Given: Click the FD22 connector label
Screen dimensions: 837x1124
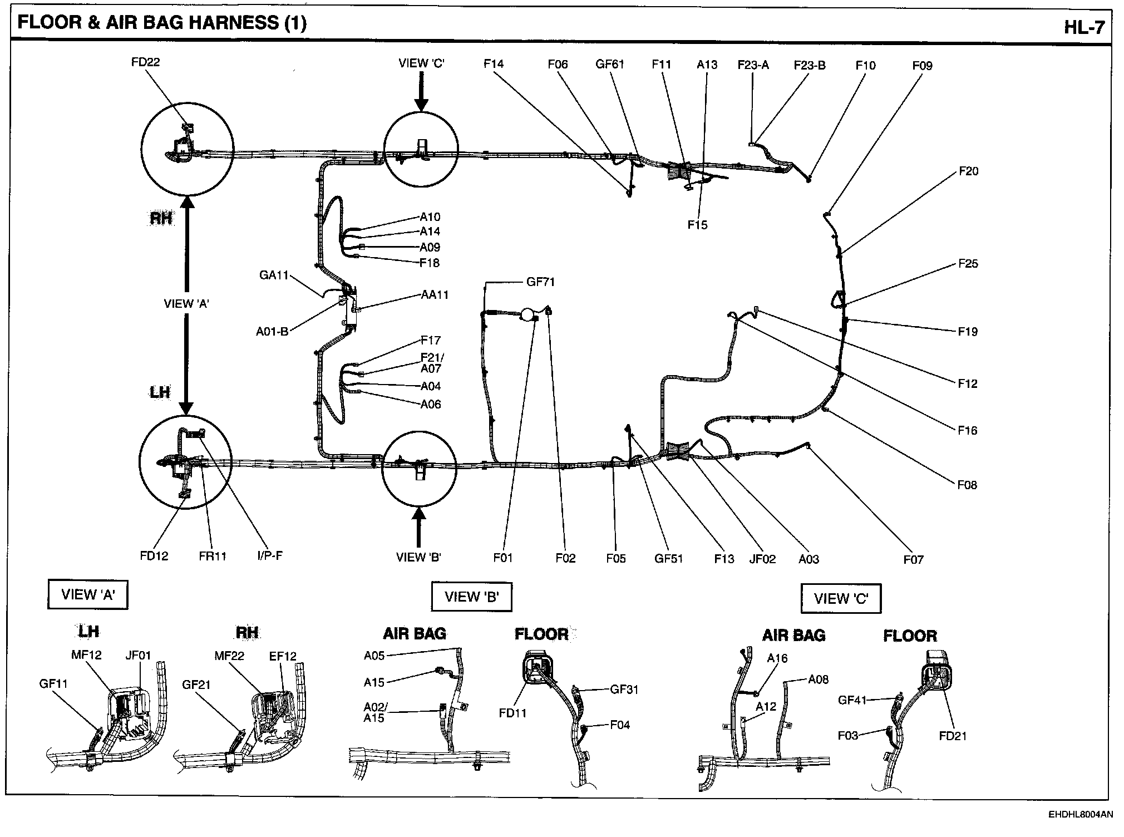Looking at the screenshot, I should [x=145, y=62].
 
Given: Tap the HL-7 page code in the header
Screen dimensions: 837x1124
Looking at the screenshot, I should [x=1083, y=27].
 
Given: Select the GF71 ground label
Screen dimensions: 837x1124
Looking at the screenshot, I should [x=540, y=282].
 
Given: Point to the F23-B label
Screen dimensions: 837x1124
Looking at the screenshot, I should [x=810, y=65].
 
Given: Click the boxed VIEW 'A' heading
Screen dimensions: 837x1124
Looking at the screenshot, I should [x=88, y=594].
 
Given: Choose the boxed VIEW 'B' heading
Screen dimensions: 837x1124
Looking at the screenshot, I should [x=471, y=597].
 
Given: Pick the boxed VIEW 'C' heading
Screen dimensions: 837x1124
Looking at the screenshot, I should [x=841, y=598].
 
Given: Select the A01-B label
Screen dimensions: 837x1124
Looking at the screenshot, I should [x=272, y=332].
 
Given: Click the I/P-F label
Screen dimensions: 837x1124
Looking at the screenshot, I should [x=269, y=555].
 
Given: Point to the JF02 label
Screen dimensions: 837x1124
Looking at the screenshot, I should [x=762, y=559].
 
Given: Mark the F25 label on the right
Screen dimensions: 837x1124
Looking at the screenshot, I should [x=968, y=263].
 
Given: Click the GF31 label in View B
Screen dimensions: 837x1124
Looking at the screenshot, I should [x=624, y=689].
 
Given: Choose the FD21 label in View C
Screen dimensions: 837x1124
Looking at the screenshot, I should [x=953, y=736].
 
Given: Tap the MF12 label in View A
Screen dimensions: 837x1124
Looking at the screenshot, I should [x=86, y=654].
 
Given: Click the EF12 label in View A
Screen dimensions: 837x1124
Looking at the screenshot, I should [x=283, y=656].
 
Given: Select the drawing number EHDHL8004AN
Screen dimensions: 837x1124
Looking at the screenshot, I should [x=1081, y=815].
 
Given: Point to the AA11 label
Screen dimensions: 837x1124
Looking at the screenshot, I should [x=435, y=294].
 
